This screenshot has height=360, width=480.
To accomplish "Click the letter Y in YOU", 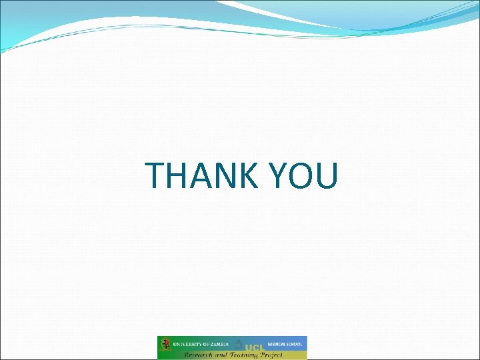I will coord(279,176).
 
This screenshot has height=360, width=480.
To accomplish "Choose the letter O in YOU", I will coord(302,176).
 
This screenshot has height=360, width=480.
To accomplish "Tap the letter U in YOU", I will coord(327,176).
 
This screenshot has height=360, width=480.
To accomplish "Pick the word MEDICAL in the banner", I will coord(277,344).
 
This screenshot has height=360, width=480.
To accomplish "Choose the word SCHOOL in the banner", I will coord(295,344).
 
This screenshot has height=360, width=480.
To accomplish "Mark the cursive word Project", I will coord(270,355).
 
